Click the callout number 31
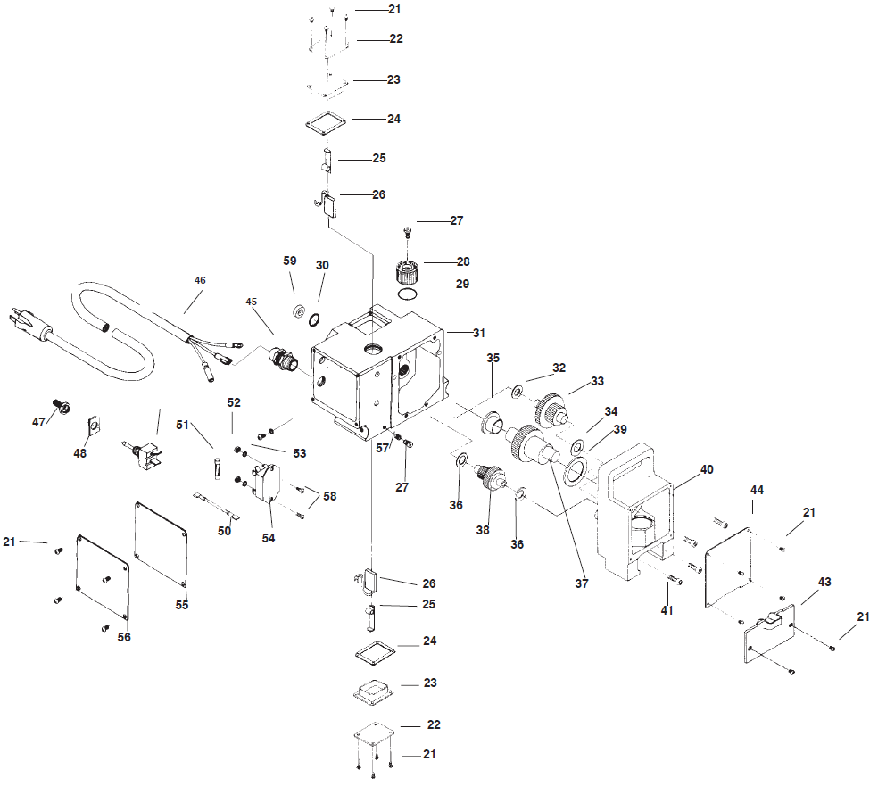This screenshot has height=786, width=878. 479,333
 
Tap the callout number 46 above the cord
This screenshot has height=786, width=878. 200,280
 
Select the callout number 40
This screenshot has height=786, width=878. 707,469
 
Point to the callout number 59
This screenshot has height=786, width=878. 289,261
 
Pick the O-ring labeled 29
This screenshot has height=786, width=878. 408,294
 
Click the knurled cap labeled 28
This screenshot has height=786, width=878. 407,272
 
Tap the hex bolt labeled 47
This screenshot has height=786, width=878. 61,406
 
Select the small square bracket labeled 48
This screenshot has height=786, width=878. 95,426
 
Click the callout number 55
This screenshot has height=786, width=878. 182,605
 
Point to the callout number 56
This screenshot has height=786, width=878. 124,637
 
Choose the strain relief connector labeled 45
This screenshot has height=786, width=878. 284,359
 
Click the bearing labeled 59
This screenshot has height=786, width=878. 298,310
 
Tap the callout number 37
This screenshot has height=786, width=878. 582,583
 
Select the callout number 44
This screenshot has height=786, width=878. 757,490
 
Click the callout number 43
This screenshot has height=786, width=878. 824,582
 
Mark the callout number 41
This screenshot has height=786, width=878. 667,610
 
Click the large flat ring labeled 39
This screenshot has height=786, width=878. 575,469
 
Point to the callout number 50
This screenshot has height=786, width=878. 224,531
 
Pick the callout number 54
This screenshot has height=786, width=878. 269,538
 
